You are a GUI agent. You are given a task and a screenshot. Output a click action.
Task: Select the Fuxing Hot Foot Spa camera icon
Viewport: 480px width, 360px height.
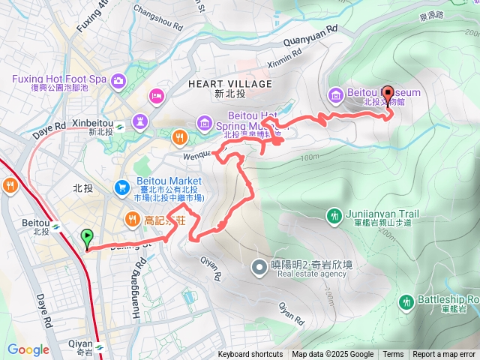point(118,80)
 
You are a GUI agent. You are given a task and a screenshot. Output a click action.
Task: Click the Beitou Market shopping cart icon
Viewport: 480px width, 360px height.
point(121,186)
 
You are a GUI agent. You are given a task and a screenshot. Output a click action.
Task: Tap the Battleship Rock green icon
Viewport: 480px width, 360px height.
point(406,301)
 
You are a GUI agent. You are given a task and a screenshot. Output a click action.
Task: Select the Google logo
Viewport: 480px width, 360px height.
point(28,349)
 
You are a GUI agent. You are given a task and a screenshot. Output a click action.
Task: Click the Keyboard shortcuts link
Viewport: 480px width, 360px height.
point(250,355)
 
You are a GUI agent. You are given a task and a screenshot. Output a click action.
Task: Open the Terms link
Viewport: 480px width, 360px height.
point(393,355)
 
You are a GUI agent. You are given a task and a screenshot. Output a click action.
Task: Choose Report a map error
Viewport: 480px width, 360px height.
point(444,355)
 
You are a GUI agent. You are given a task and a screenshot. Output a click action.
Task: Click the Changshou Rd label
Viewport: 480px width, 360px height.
point(158,18)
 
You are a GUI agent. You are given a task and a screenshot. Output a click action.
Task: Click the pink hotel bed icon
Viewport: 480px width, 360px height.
point(157,95)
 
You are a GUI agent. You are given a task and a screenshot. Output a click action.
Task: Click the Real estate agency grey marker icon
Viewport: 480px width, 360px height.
point(259,266)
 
